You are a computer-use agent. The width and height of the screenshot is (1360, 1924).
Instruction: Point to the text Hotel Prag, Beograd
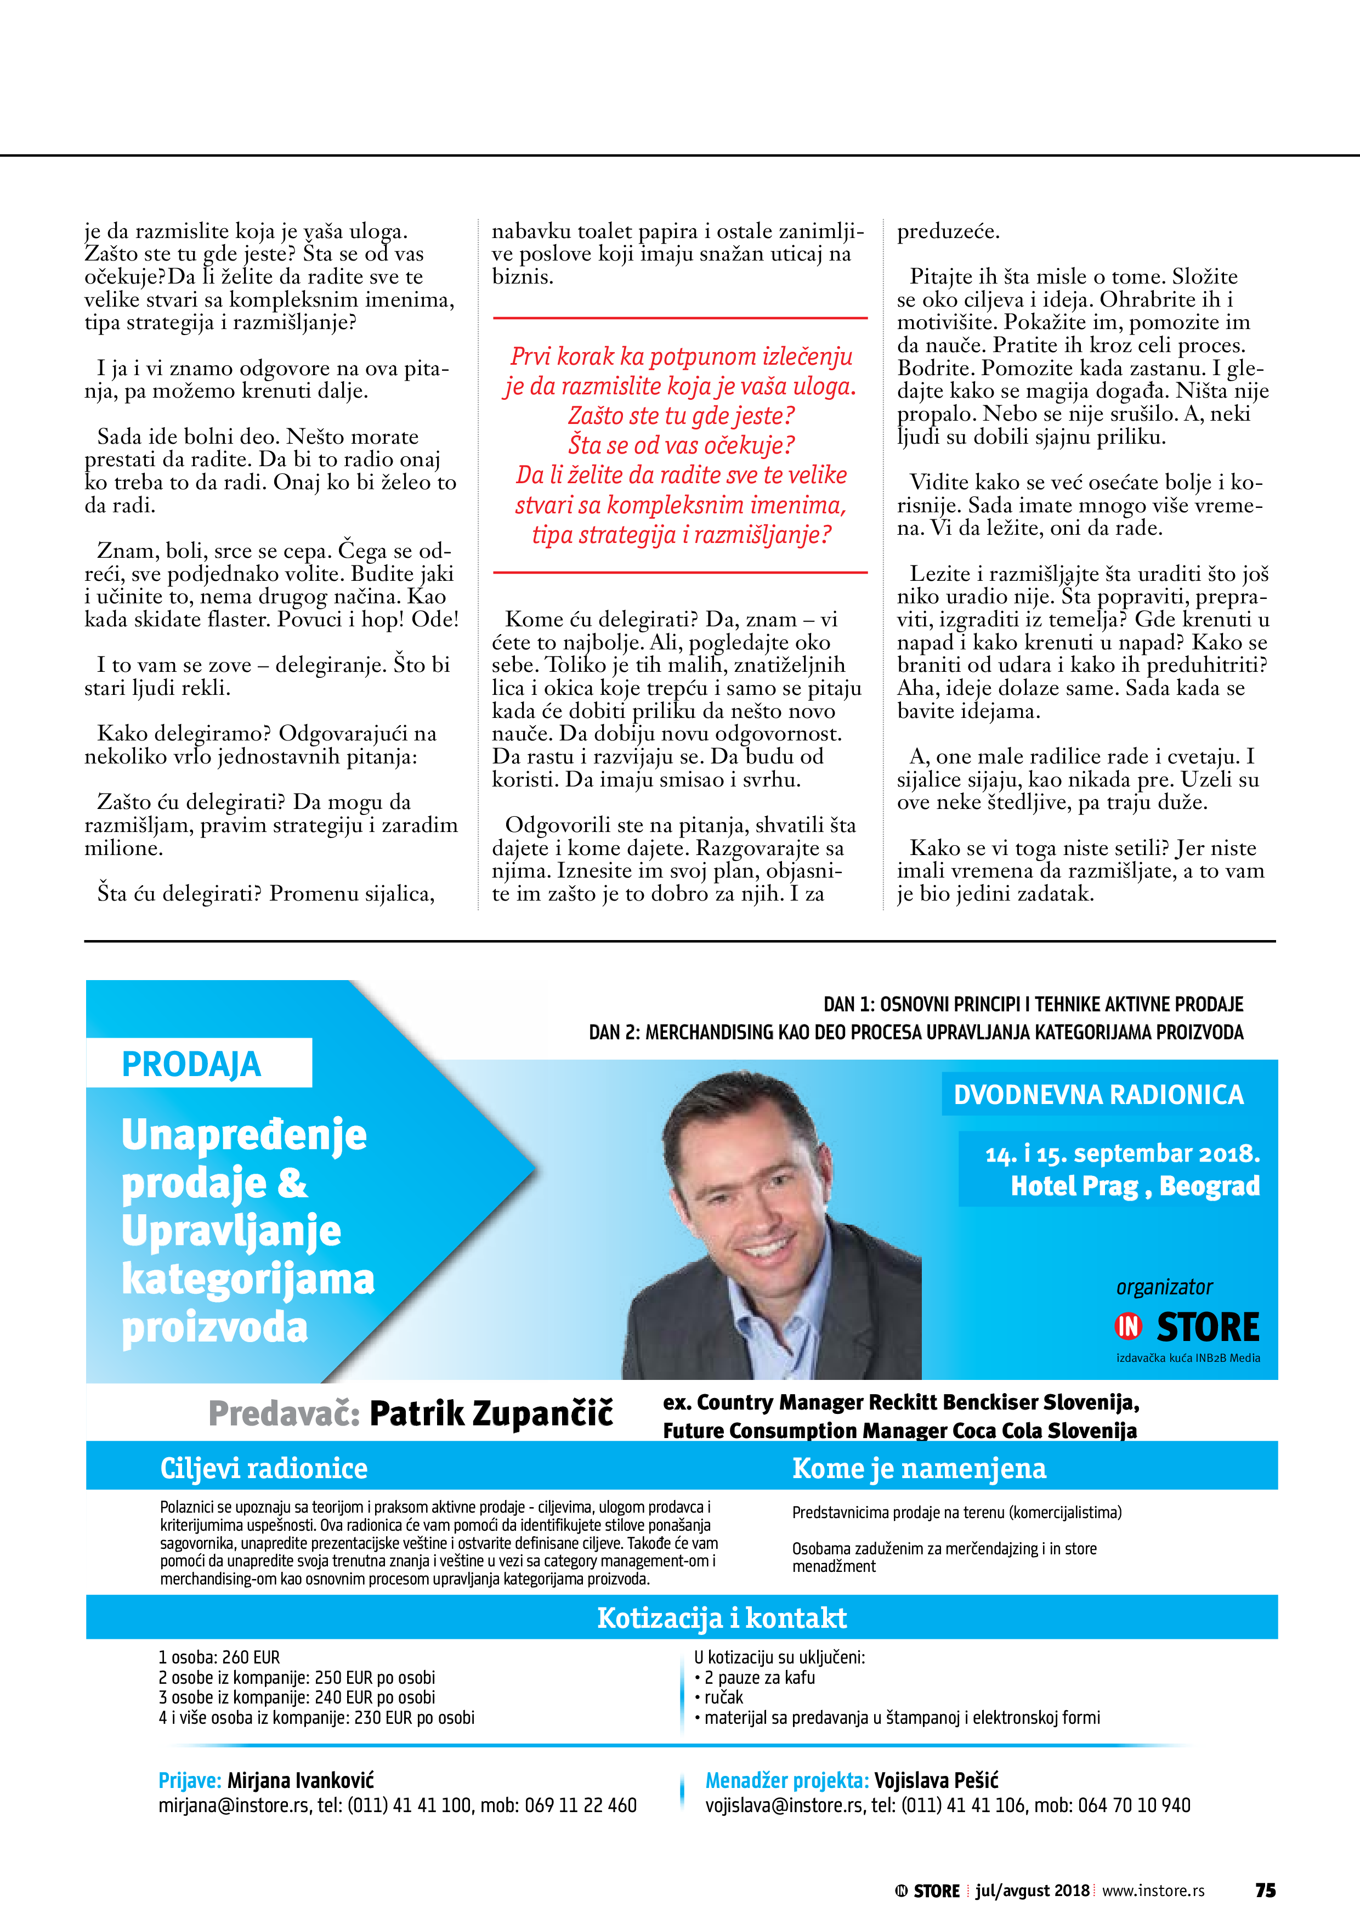click(1135, 1186)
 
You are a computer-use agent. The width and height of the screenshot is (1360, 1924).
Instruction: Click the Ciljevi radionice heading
click(264, 1468)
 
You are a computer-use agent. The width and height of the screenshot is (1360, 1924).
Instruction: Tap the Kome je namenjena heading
click(919, 1468)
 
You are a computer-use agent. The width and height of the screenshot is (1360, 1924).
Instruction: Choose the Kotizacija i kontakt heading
click(722, 1617)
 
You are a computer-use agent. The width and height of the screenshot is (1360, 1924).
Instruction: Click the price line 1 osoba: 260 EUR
click(219, 1657)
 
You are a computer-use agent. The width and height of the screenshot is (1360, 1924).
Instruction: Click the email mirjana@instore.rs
click(234, 1805)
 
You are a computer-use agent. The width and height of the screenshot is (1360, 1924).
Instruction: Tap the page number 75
click(1265, 1891)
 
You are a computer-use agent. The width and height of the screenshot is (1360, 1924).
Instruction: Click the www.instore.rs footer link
click(1153, 1891)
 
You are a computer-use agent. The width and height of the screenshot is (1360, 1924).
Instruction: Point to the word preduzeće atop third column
click(949, 232)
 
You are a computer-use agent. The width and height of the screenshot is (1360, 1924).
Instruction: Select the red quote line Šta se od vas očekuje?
click(681, 445)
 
